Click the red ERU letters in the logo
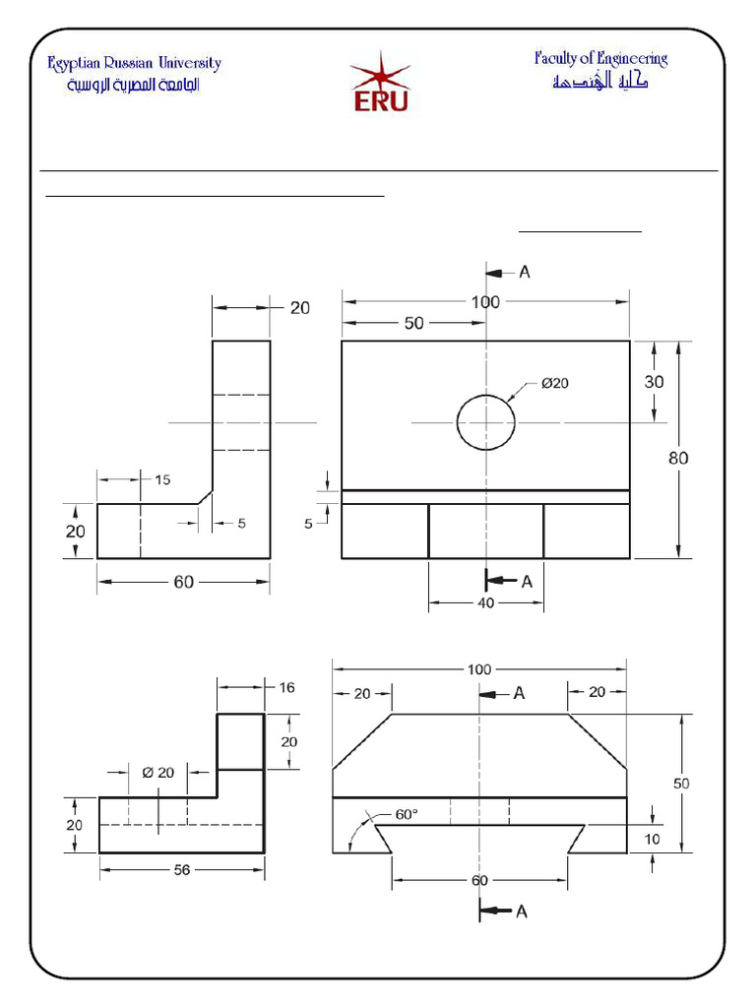[379, 99]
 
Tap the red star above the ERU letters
[379, 71]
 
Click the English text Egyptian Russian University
[135, 64]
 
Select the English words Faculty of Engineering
[600, 58]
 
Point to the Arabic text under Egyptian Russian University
[133, 86]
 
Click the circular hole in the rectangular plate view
[485, 422]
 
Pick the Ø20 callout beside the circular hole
[554, 385]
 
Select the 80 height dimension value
[678, 458]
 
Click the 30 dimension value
[654, 383]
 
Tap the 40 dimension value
[486, 603]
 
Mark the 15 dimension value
[162, 479]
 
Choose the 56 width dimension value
[183, 869]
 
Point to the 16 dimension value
[286, 687]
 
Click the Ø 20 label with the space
[158, 772]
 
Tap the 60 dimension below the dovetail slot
[479, 880]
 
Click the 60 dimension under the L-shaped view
[184, 582]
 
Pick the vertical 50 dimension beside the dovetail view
[680, 784]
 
